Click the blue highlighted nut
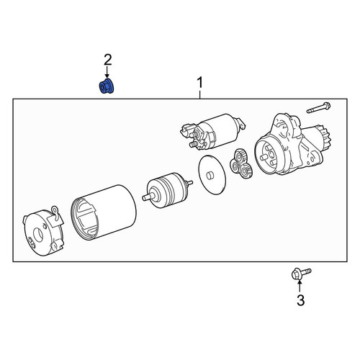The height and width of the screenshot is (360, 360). [107, 86]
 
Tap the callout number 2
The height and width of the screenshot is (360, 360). [108, 60]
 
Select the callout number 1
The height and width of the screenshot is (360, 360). [200, 83]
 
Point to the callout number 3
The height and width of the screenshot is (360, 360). [300, 300]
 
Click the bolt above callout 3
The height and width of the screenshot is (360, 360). [301, 274]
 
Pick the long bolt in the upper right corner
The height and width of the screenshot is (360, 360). [318, 108]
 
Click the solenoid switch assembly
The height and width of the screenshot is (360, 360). [212, 132]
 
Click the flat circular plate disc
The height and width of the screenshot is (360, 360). [212, 174]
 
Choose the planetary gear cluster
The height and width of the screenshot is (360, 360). [241, 164]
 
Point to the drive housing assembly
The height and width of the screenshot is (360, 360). [293, 144]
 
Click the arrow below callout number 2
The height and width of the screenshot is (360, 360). [107, 72]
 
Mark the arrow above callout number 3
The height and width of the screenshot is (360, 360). [300, 287]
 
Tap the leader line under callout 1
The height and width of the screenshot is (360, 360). [200, 94]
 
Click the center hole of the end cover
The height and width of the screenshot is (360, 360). [38, 235]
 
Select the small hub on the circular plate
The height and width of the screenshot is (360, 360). [210, 175]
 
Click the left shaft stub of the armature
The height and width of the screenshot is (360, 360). [146, 197]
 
